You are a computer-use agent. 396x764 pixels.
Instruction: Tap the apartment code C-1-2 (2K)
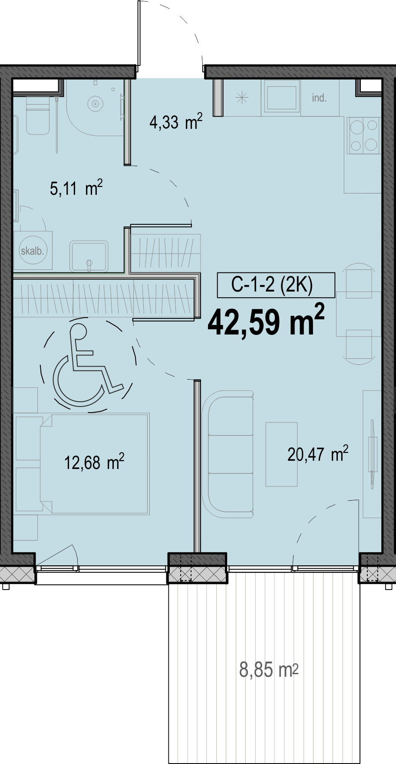272,285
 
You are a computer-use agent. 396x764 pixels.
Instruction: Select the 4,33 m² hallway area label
176,121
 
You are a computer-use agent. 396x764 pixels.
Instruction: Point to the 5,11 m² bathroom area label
76,188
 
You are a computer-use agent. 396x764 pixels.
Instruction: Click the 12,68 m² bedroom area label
94,462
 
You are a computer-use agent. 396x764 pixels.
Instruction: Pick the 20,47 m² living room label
318,454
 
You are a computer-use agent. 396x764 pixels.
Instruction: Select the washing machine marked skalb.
33,250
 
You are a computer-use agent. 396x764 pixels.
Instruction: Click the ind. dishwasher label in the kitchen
319,98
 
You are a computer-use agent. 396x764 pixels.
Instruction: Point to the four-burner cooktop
364,136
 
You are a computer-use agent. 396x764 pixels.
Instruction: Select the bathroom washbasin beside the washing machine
89,256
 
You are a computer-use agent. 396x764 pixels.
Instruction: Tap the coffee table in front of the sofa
282,454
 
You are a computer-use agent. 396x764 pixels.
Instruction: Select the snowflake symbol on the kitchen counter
242,98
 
